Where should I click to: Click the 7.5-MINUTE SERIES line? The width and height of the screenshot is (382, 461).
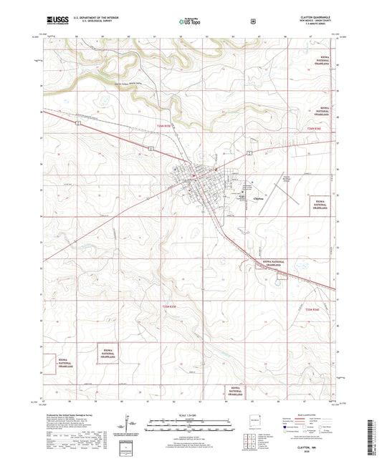pos(324,26)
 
